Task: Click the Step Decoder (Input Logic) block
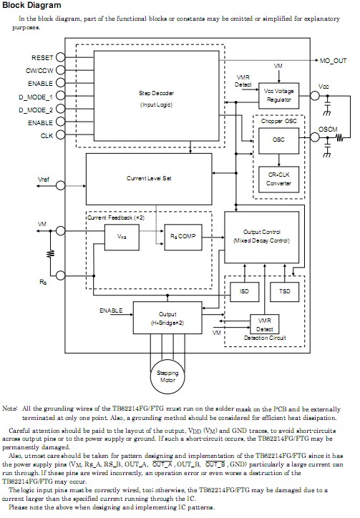tap(156, 96)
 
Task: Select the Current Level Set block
tap(149, 179)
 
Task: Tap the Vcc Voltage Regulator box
tap(278, 96)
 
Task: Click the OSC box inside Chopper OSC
tap(278, 141)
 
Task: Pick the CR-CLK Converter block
tap(278, 180)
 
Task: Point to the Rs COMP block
tap(183, 238)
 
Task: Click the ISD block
tap(244, 292)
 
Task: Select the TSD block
tap(285, 292)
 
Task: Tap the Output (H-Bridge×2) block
tap(167, 318)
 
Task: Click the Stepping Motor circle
tap(167, 377)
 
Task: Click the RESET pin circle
tap(61, 57)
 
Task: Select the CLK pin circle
tap(61, 135)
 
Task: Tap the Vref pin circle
tap(61, 185)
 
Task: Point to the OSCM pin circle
tap(315, 137)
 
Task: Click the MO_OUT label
tap(334, 61)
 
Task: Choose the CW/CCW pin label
tap(39, 71)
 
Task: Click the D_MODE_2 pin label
tap(36, 110)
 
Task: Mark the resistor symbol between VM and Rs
tap(51, 253)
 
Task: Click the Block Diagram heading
tap(31, 5)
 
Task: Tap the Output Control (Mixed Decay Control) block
tap(261, 238)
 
